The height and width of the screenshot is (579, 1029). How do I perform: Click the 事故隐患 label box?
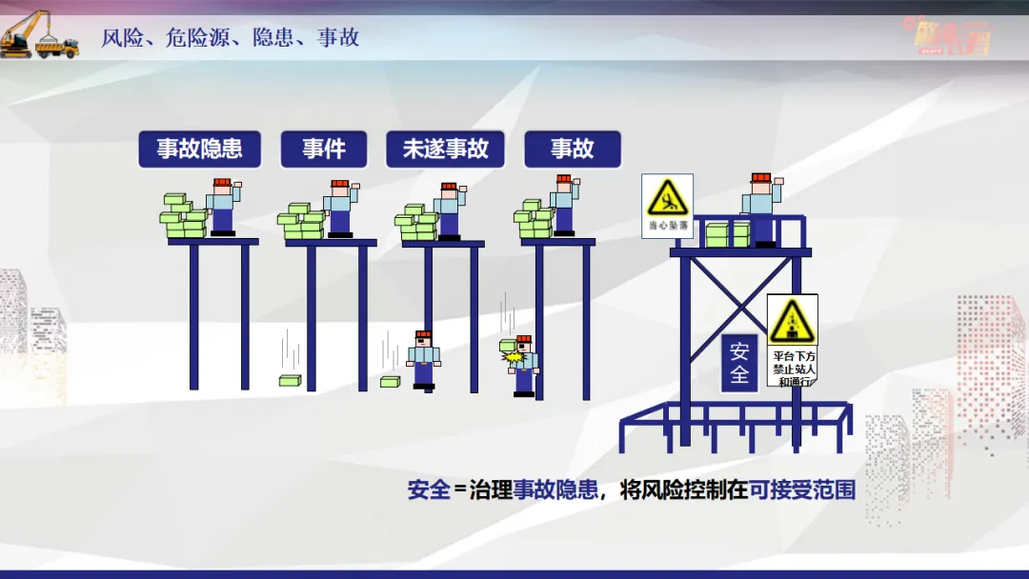[x=199, y=150]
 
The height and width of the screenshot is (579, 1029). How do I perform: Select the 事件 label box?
[x=324, y=150]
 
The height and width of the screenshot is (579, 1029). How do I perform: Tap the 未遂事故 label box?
[x=445, y=150]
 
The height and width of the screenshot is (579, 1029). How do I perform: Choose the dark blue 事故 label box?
[x=572, y=150]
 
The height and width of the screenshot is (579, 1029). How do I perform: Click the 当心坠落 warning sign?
[x=667, y=205]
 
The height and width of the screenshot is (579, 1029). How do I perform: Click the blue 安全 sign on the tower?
[x=739, y=362]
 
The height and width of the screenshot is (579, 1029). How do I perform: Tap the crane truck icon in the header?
[x=39, y=35]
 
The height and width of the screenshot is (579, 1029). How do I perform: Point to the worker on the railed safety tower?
[x=761, y=209]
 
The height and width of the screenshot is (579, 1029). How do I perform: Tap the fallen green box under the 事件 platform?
[x=290, y=380]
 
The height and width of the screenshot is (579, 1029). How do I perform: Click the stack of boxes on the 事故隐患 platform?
[x=184, y=218]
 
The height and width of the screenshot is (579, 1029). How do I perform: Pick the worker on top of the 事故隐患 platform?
[x=223, y=207]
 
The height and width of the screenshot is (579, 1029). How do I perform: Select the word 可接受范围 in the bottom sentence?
[x=802, y=490]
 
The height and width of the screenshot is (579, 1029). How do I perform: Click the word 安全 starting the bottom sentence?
[x=428, y=490]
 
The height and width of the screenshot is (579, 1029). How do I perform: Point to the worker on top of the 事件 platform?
[x=340, y=208]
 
